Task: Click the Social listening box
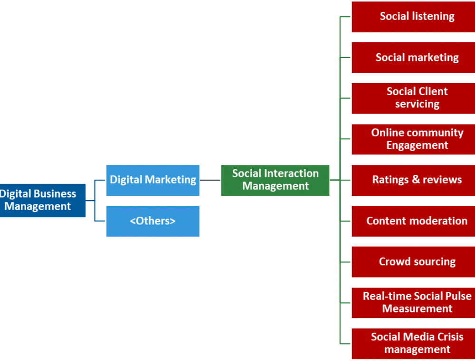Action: [413, 17]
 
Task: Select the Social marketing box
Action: [413, 57]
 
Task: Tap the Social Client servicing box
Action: [413, 98]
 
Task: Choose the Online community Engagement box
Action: [413, 139]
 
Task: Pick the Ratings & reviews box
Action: [413, 180]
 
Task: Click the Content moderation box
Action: [413, 221]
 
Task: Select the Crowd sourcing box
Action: [413, 262]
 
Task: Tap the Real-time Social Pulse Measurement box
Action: [413, 303]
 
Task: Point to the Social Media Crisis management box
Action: [413, 344]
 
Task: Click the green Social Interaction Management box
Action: [275, 180]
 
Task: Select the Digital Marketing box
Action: [153, 180]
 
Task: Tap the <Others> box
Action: [153, 221]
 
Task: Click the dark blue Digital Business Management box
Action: [40, 201]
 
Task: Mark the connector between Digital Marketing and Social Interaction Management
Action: [210, 180]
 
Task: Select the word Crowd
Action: [393, 262]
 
